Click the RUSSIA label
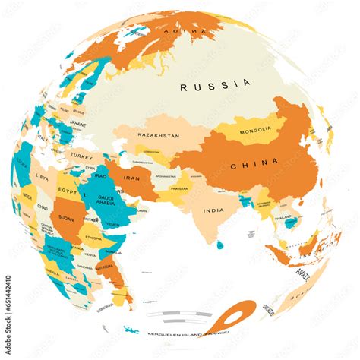coord(215,86)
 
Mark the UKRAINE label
coord(78,122)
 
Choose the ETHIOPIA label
coord(94,237)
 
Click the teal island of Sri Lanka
coord(219,245)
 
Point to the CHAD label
coord(44,207)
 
